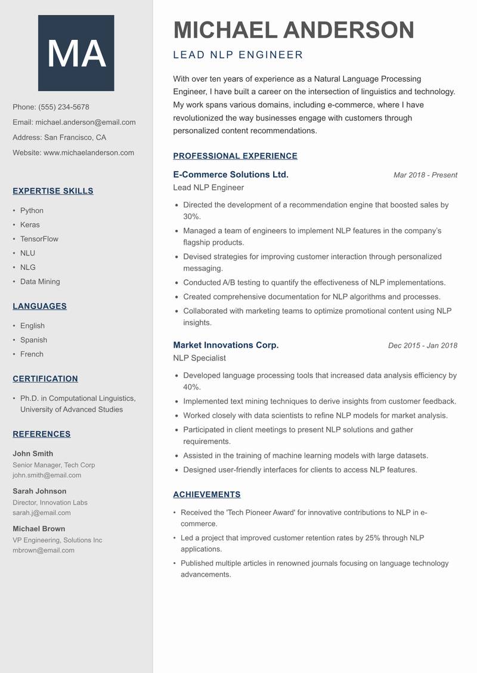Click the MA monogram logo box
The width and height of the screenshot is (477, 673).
coord(76,53)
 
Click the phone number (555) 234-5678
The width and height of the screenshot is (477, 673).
coord(64,107)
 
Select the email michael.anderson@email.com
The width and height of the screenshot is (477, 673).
coord(85,122)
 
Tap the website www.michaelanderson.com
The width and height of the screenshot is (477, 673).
coord(89,152)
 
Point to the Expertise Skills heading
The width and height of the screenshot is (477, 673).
coord(53,191)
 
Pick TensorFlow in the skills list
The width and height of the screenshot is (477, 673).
coord(39,239)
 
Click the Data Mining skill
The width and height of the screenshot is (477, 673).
coord(40,282)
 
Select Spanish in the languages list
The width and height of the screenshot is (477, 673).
coord(33,340)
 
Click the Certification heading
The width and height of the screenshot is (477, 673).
coord(45,379)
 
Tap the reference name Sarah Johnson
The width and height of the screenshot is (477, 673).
coord(39,491)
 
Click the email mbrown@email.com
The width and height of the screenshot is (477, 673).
coord(44,550)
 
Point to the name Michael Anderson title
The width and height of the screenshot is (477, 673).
coord(293,30)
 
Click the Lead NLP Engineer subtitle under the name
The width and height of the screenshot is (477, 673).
coord(238,55)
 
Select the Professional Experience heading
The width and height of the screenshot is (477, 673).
coord(235,156)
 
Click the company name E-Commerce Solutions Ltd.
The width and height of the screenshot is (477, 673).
coord(231,175)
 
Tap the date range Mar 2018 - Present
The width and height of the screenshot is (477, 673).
coord(425,175)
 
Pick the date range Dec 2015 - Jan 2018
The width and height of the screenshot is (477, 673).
coord(422,345)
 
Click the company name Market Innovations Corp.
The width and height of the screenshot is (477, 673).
coord(226,345)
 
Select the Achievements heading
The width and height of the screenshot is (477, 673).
coord(207,494)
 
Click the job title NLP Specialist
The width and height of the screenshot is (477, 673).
coord(199,358)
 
